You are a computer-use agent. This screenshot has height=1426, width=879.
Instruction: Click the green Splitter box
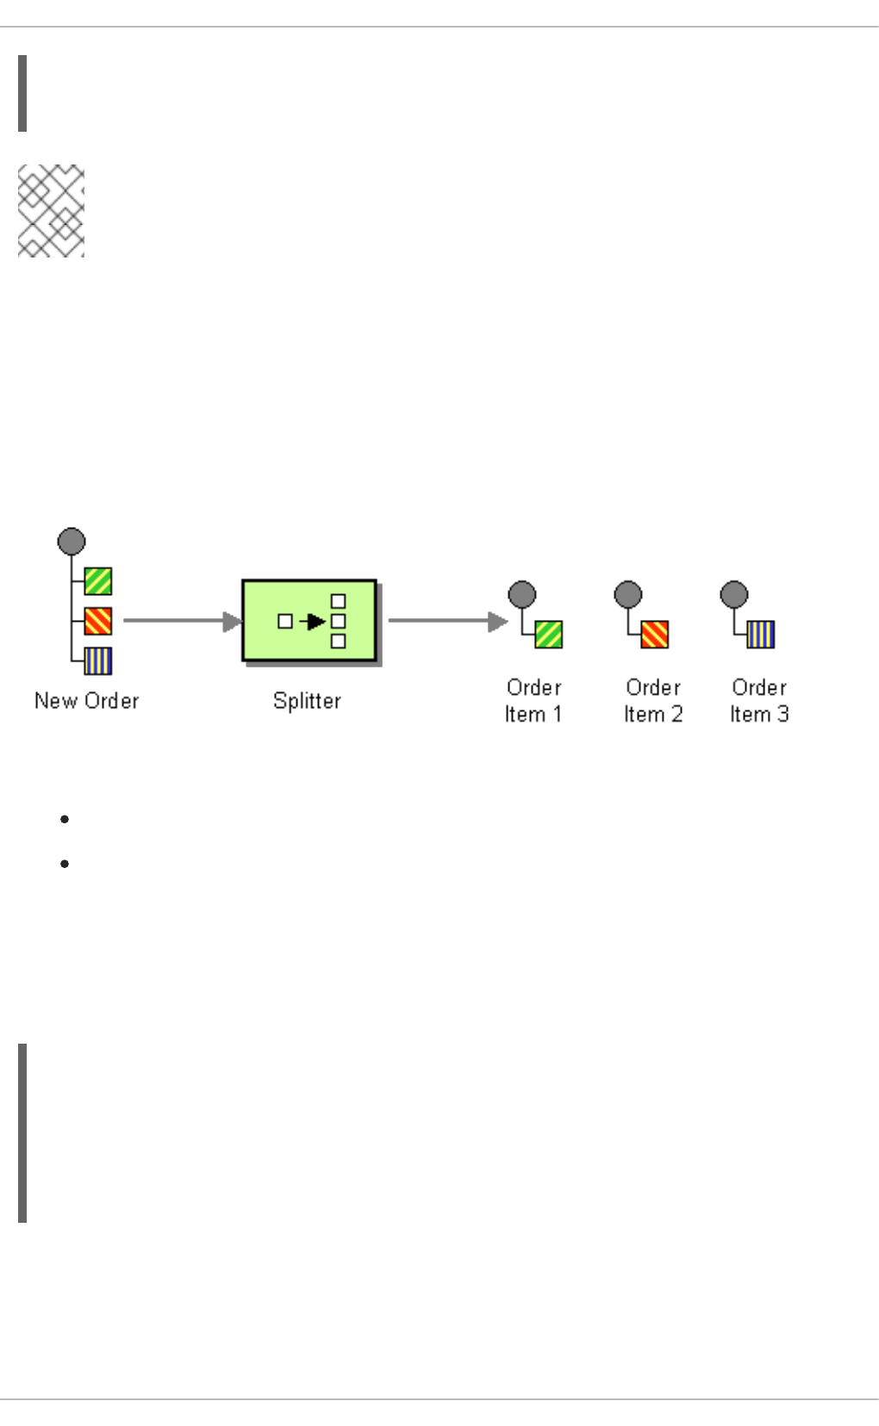pyautogui.click(x=309, y=620)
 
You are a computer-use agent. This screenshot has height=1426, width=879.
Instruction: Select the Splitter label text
pyautogui.click(x=307, y=701)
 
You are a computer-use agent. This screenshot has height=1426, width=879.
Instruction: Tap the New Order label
pyautogui.click(x=86, y=701)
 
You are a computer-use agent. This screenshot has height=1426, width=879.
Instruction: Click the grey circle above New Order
pyautogui.click(x=72, y=542)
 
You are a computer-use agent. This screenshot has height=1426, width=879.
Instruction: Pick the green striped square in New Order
pyautogui.click(x=98, y=581)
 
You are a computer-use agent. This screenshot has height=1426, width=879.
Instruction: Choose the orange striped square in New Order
pyautogui.click(x=98, y=621)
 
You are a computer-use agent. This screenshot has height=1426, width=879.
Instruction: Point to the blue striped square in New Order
pyautogui.click(x=98, y=660)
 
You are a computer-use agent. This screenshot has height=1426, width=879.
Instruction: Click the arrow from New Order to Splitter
pyautogui.click(x=181, y=621)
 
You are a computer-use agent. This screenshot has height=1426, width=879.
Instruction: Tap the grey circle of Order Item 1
pyautogui.click(x=522, y=594)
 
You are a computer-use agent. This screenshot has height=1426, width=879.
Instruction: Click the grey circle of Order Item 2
pyautogui.click(x=628, y=594)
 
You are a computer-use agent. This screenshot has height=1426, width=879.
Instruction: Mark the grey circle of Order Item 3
pyautogui.click(x=734, y=594)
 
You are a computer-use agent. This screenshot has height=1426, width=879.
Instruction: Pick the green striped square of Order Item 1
pyautogui.click(x=549, y=635)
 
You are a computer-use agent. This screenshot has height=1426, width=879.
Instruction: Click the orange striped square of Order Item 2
pyautogui.click(x=655, y=635)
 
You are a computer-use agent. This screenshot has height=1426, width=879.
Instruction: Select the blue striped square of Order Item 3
pyautogui.click(x=761, y=635)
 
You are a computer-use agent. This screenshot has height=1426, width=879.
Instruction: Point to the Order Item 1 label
pyautogui.click(x=533, y=701)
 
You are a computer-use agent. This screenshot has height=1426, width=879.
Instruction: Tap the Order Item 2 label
pyautogui.click(x=653, y=701)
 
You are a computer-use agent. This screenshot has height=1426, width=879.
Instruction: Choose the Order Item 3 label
pyautogui.click(x=759, y=701)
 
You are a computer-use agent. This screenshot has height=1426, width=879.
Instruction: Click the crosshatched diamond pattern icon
pyautogui.click(x=52, y=211)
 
